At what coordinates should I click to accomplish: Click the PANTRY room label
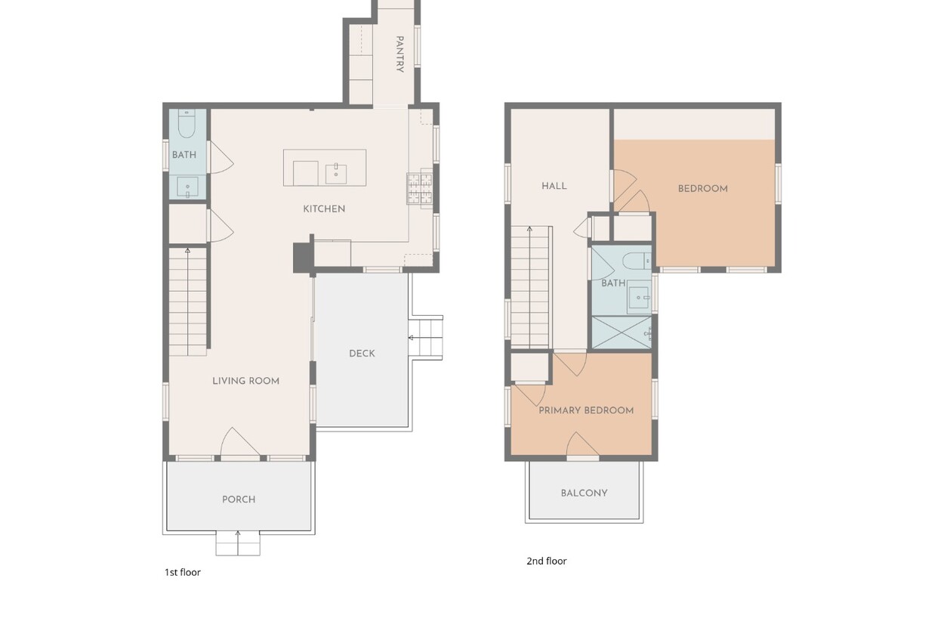(400, 54)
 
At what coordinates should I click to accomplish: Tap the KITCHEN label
(324, 209)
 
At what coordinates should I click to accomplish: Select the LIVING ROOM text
(245, 381)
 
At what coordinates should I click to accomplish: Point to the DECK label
(362, 354)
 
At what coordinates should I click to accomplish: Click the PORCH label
(239, 500)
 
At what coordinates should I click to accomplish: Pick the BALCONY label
(584, 493)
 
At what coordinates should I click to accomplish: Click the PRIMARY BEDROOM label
(586, 410)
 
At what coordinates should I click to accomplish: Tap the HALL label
(554, 186)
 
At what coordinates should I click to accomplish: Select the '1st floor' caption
(183, 572)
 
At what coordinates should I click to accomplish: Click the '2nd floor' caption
(547, 561)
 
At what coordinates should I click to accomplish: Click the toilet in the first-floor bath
(187, 124)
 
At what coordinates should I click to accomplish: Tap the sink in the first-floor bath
(187, 187)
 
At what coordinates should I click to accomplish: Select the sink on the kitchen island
(336, 174)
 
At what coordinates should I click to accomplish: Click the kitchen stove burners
(420, 188)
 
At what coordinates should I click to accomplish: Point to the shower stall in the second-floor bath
(622, 333)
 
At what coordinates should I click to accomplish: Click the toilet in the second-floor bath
(637, 261)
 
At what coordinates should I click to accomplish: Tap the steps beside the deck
(426, 337)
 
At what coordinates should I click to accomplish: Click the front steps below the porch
(238, 543)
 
